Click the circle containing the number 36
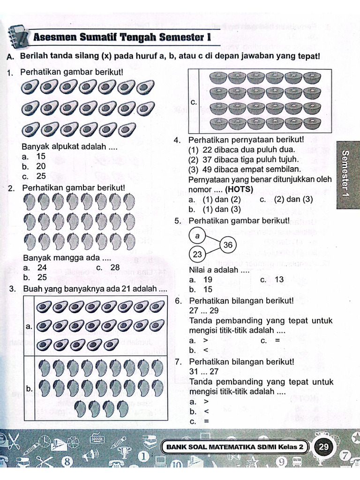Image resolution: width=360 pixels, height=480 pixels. [228, 245]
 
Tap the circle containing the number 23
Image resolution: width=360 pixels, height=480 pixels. [197, 255]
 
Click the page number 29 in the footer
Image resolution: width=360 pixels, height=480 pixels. [323, 447]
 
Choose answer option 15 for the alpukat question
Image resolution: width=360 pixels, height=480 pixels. [41, 157]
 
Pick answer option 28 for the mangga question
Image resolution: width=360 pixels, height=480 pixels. [114, 268]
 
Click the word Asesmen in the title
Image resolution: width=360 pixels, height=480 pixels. [59, 37]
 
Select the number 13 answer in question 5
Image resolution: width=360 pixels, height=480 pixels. [278, 280]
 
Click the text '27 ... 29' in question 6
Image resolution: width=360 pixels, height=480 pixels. [204, 310]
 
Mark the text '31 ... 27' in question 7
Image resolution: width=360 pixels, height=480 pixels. [204, 371]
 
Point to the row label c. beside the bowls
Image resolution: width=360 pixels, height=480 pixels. [193, 102]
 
